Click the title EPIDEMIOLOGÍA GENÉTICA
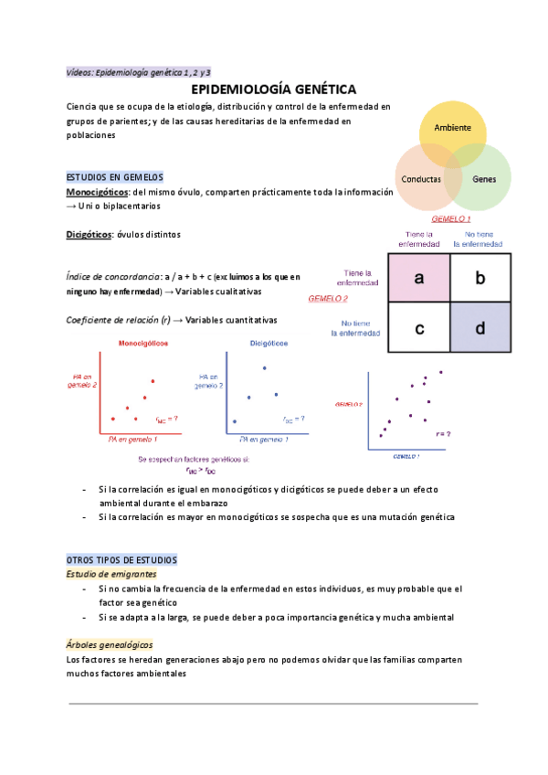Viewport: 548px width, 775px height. click(273, 89)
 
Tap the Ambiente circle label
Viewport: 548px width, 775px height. click(452, 127)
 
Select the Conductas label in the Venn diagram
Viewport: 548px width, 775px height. click(422, 179)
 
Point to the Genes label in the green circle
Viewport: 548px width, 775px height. click(484, 179)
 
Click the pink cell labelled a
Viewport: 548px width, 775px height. click(418, 280)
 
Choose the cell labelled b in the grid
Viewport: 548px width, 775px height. click(480, 280)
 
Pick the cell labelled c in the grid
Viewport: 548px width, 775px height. click(418, 328)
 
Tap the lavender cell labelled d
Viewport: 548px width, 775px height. click(480, 328)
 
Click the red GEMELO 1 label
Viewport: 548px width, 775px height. click(450, 219)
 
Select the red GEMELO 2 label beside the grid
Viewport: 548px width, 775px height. click(328, 298)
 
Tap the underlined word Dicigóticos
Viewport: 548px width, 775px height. click(89, 235)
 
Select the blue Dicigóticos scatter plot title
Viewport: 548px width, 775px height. click(269, 343)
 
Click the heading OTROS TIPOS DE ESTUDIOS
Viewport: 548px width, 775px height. click(122, 559)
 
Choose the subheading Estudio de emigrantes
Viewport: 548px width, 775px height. click(112, 574)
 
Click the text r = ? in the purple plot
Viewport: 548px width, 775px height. click(443, 434)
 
